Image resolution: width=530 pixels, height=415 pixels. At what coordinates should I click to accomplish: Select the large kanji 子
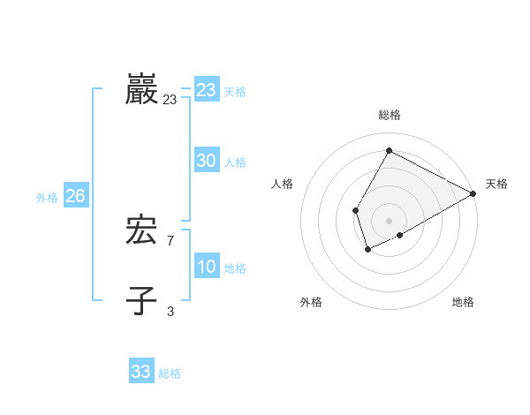coord(141,300)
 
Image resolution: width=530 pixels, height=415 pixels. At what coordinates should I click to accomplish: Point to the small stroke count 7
coord(170,240)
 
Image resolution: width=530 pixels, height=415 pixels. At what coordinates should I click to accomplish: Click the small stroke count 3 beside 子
coord(170,310)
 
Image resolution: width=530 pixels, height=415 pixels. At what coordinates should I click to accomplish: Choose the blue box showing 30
coord(207,161)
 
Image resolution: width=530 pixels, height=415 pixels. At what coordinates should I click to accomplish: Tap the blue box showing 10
coord(207,267)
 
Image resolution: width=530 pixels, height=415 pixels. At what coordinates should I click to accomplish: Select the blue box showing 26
coord(75,196)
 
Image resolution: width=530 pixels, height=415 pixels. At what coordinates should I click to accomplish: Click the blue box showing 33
coord(141,372)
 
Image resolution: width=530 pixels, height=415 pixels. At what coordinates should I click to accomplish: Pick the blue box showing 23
coord(207,90)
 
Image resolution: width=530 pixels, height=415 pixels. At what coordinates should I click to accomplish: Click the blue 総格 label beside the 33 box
coord(170,373)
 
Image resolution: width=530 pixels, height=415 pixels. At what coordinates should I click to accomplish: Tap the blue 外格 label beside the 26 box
coord(47,198)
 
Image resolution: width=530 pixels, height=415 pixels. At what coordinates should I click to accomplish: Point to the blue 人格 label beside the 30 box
coord(235,162)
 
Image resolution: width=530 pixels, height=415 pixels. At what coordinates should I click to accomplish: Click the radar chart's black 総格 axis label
coord(389,116)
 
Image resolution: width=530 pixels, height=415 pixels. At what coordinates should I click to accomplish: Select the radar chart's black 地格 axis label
coord(463,302)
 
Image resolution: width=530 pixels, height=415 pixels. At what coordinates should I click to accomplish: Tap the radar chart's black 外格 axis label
coord(311,302)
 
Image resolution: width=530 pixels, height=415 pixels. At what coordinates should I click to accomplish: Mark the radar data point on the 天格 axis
coord(473,193)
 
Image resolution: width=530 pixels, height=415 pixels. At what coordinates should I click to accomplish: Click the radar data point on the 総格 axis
coord(389,151)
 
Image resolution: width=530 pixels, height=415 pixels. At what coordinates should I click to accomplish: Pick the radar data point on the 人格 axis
coord(355,210)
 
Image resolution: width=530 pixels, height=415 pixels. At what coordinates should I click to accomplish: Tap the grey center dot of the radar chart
coord(389,221)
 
